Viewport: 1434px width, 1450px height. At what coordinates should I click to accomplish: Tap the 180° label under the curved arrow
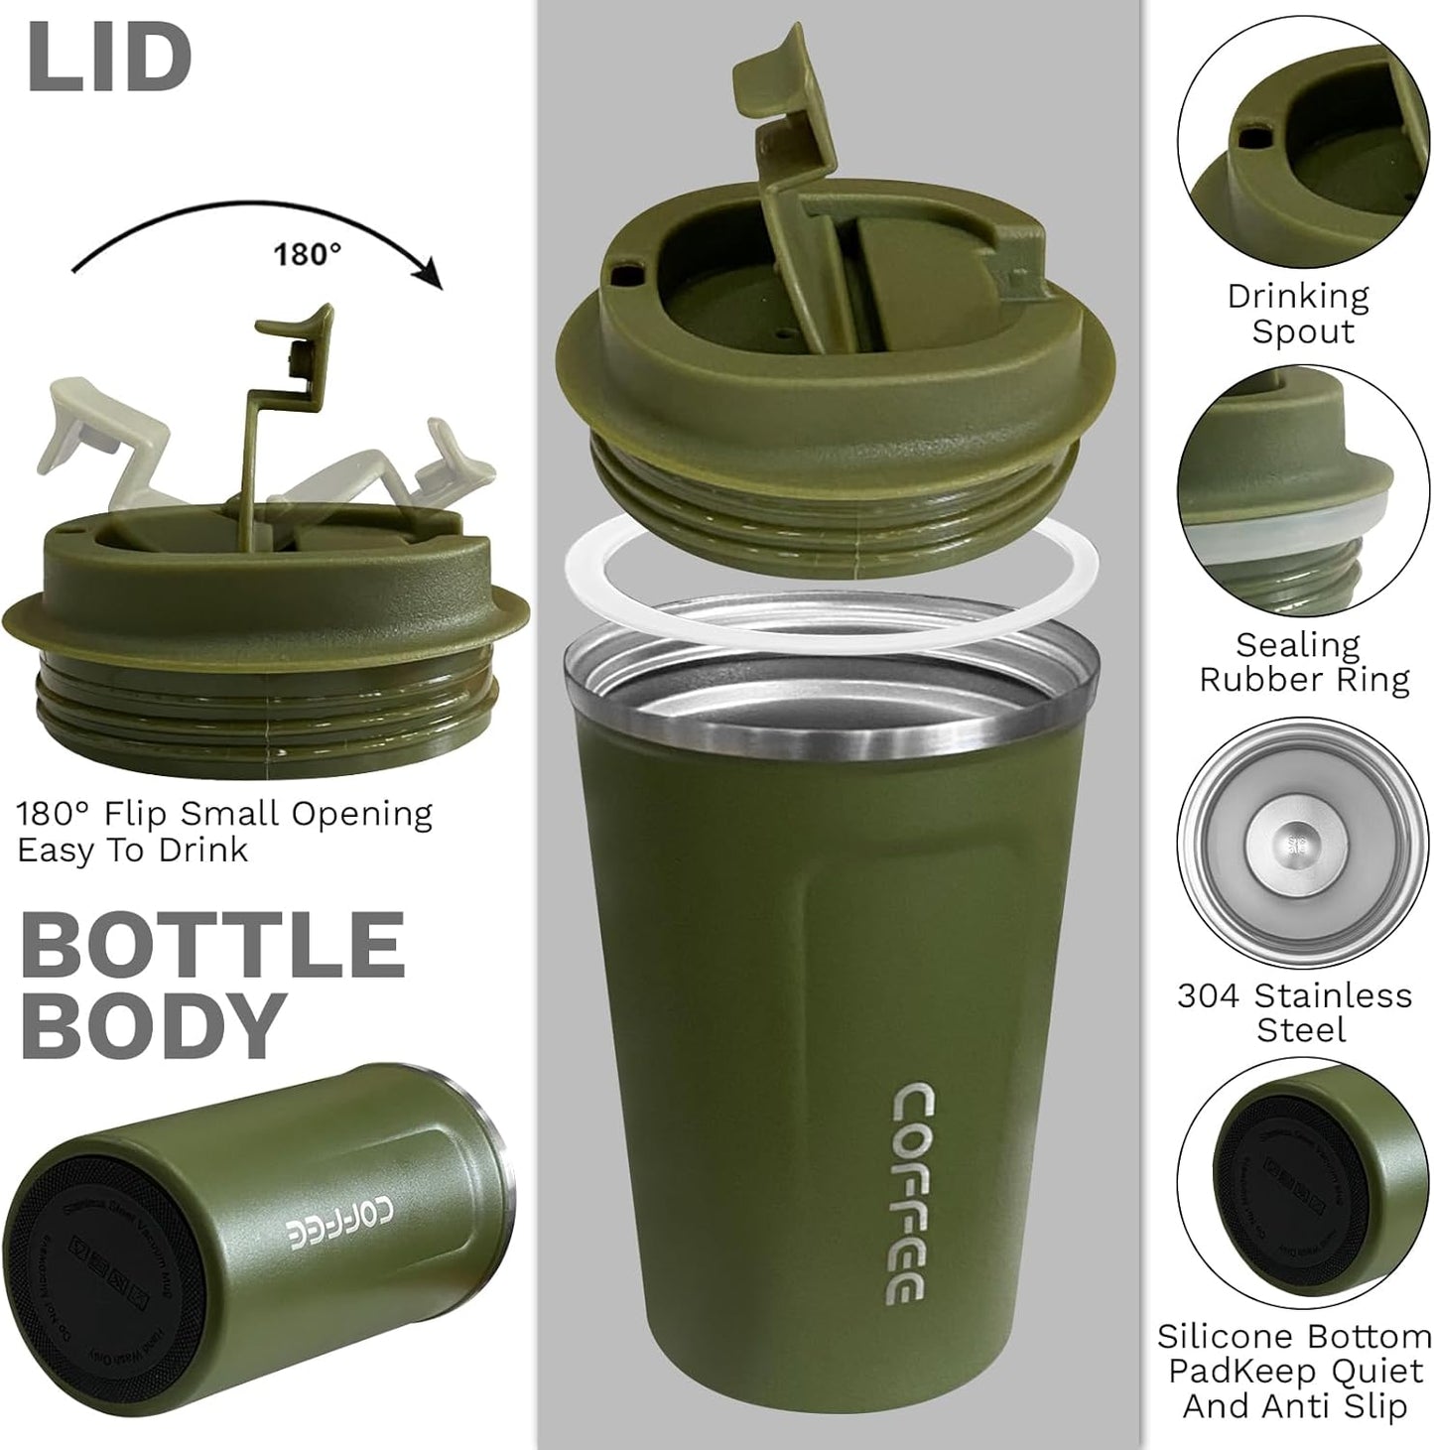307,255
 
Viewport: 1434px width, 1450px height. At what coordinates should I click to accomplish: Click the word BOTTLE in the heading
213,945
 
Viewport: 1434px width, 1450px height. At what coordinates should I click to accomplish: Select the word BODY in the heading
154,1024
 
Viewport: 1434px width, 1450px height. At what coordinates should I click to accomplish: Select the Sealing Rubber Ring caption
1303,662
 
